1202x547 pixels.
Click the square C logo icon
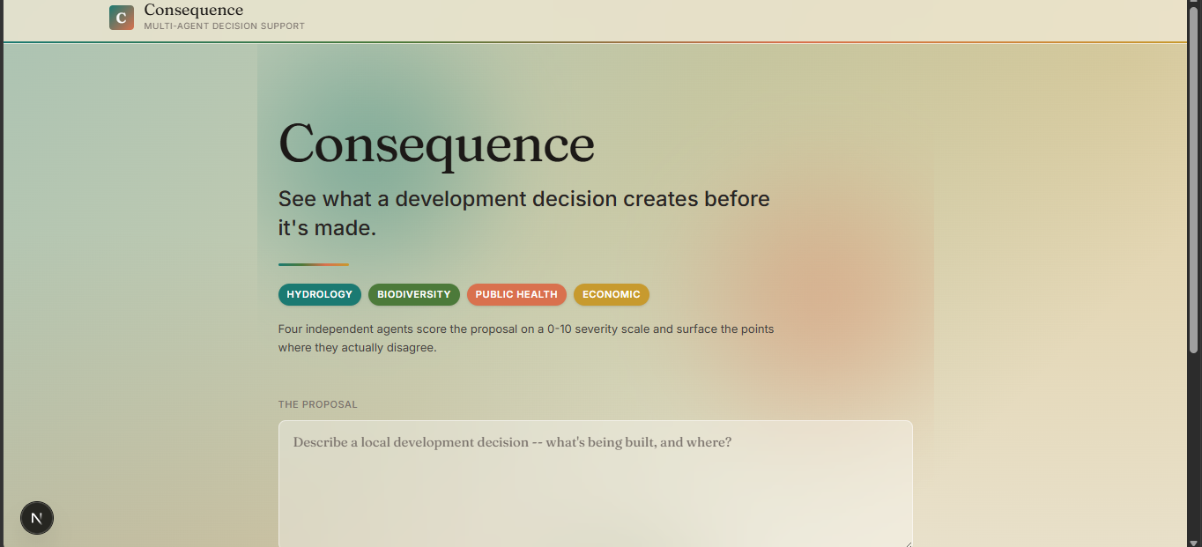(122, 18)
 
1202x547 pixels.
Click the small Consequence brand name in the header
(193, 11)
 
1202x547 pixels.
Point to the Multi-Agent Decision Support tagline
(225, 26)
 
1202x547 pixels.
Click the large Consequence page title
(436, 144)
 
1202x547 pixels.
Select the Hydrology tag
(319, 294)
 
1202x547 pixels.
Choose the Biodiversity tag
(413, 294)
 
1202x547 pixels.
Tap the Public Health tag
(516, 294)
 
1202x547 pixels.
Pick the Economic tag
(612, 294)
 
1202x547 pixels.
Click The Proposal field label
(317, 404)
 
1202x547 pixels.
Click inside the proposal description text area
(595, 484)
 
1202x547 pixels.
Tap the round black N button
(37, 518)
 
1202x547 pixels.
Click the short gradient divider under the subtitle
(314, 264)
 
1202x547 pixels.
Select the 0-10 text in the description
(560, 329)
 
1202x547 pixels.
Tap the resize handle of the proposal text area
(908, 543)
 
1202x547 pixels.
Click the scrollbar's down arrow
(1193, 543)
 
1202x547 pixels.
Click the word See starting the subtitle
(297, 199)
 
